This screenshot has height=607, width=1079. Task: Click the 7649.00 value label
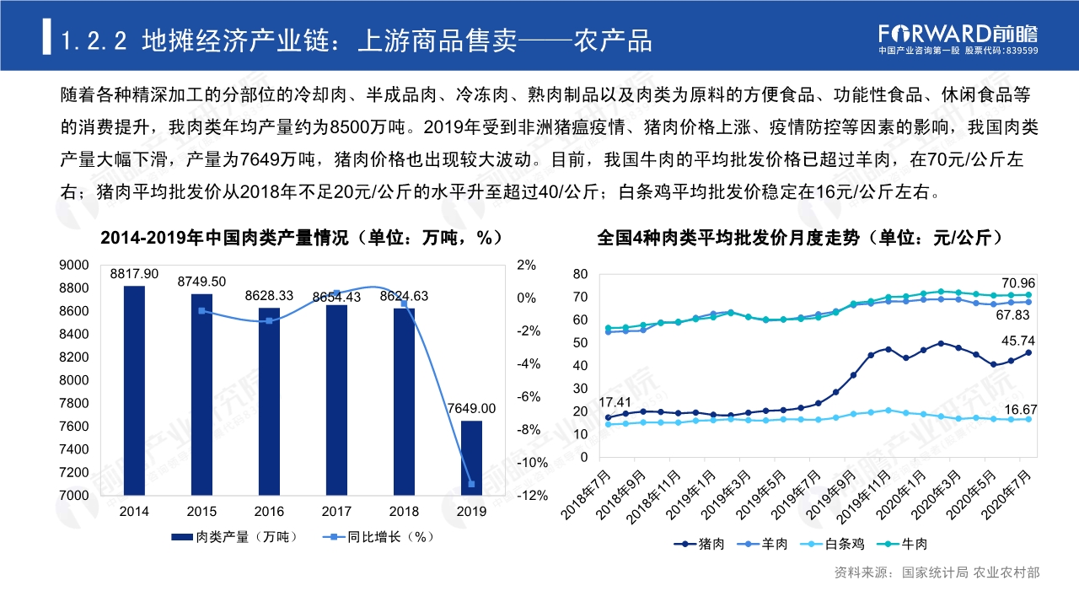click(471, 408)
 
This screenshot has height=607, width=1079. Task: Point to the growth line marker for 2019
click(471, 484)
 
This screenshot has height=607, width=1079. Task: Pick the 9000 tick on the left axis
click(73, 265)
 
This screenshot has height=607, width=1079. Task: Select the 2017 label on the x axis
click(336, 512)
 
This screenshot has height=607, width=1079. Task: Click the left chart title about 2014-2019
click(302, 238)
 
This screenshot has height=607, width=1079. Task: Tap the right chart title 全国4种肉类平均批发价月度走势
click(799, 238)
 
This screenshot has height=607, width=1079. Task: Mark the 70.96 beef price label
click(1018, 282)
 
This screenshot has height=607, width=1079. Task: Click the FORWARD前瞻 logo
click(958, 34)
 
